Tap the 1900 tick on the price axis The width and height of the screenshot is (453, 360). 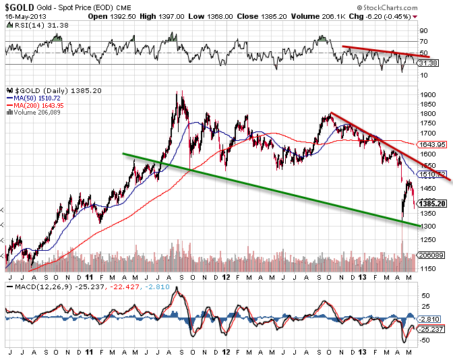427,94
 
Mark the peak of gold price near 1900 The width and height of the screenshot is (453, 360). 179,92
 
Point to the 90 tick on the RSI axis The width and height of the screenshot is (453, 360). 423,31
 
